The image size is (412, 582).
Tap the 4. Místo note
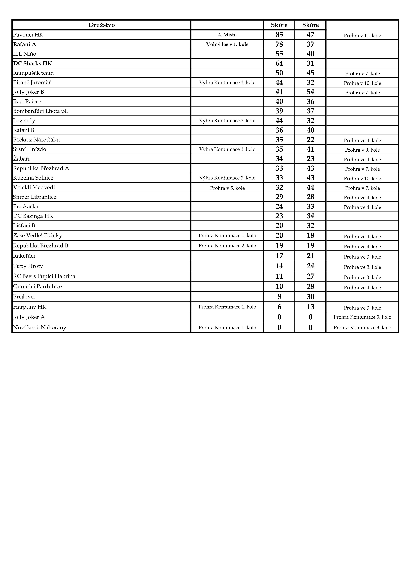(x=227, y=35)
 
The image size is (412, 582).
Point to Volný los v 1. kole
(x=227, y=44)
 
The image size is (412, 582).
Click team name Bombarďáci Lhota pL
(x=41, y=111)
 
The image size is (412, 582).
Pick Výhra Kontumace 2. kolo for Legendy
(x=227, y=121)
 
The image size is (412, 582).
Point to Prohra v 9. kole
(x=362, y=150)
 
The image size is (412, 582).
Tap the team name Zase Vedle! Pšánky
(x=38, y=235)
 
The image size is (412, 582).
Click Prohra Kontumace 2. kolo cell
(x=227, y=246)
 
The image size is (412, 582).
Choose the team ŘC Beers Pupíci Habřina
(x=44, y=276)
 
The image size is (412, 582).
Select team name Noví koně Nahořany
(x=40, y=328)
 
